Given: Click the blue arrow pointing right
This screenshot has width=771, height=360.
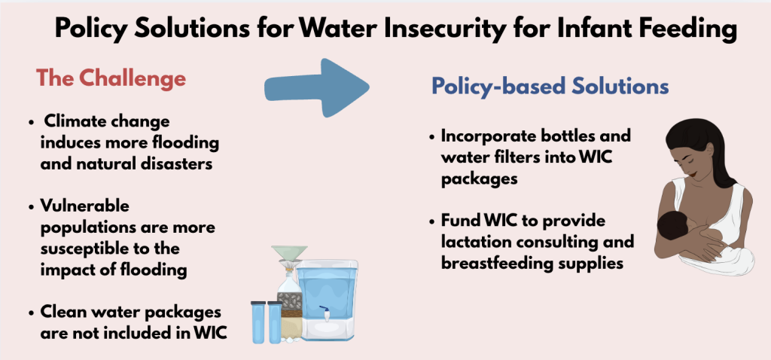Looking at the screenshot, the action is [317, 88].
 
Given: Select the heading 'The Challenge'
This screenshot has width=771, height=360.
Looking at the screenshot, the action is [111, 78].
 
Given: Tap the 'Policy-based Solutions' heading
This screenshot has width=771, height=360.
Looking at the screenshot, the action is [550, 87].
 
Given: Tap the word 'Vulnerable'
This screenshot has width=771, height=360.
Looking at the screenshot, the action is [85, 206].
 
